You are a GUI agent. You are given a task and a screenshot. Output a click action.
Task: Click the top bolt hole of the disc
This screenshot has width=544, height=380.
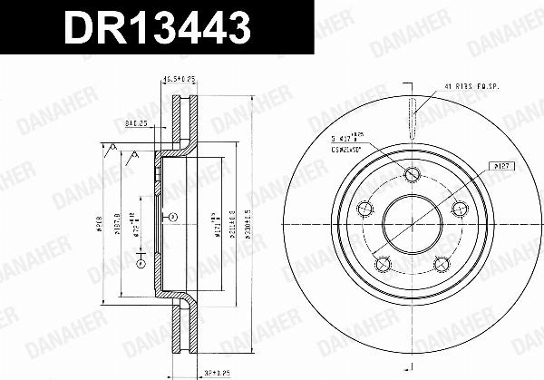[413, 175]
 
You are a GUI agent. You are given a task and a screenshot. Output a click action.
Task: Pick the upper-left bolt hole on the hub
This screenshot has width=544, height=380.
[366, 208]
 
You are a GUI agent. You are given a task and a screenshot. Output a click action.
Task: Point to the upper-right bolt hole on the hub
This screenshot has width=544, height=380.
[458, 208]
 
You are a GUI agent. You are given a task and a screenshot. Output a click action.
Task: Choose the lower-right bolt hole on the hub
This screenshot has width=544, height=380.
[442, 263]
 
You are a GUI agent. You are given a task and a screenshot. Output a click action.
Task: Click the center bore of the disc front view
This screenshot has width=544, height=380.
[413, 222]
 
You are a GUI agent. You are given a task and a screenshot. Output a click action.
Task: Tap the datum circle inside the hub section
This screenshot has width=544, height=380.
[172, 217]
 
